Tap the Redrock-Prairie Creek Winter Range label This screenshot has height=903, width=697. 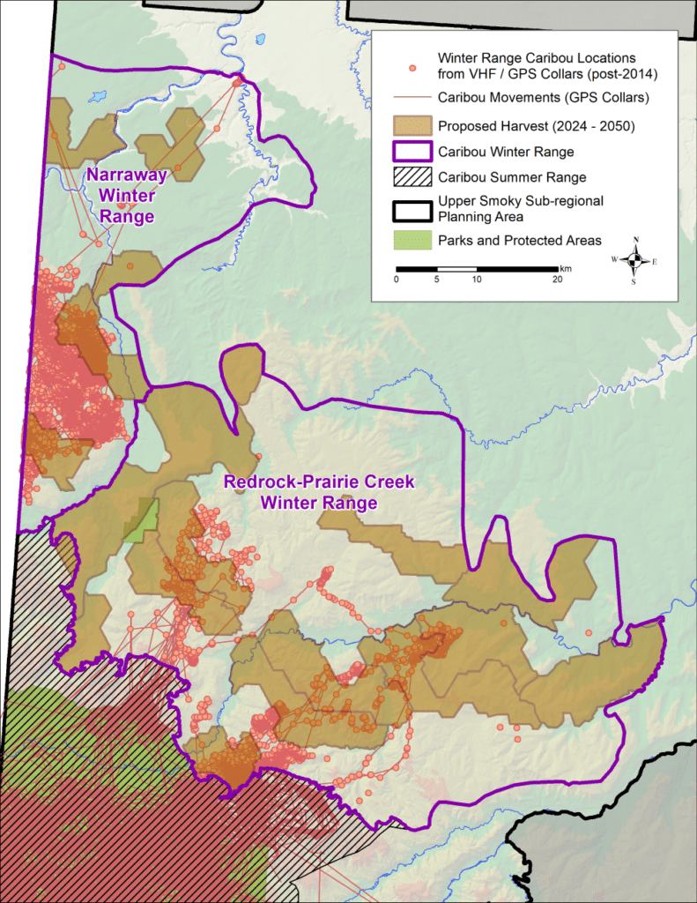tap(318, 493)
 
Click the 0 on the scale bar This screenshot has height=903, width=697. tap(397, 280)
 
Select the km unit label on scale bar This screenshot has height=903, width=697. tap(565, 267)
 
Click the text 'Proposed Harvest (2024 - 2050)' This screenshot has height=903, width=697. tap(536, 126)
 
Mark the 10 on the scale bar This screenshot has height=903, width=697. tap(477, 280)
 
